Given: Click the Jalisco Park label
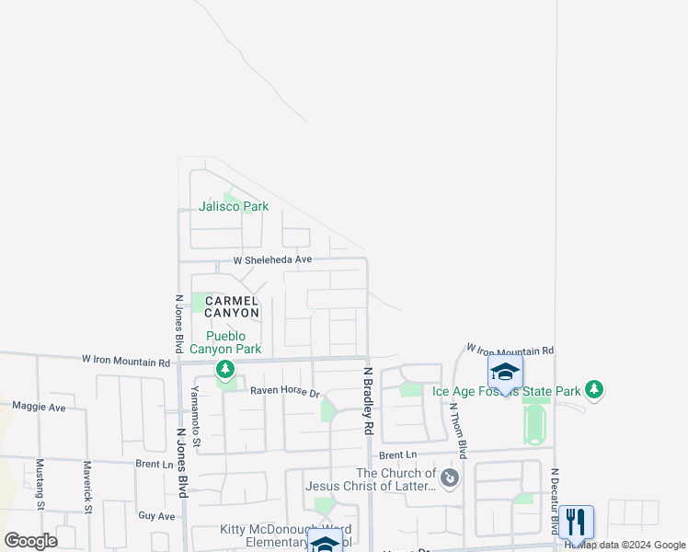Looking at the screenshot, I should coord(235,206).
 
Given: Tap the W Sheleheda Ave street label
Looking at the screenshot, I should coord(272,260).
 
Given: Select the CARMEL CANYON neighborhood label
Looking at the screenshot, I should coord(232,307).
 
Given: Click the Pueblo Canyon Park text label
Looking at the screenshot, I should coord(225,341).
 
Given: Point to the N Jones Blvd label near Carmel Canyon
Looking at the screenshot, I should coord(178,324).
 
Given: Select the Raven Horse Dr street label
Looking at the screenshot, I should coord(285,393).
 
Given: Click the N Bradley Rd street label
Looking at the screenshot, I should coord(367,401).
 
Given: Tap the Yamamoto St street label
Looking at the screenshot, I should coord(196,422).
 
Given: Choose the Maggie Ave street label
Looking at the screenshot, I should coord(39,407).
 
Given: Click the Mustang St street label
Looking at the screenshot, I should coord(40,484).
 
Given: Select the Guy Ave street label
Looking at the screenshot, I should coord(155,517).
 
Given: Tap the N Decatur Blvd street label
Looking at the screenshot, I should coord(555,501).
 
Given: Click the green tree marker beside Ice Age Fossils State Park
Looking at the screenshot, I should coord(595,390).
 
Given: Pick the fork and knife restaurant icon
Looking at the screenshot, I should coord(575,522).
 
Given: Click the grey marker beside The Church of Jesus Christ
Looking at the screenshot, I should coord(449,477).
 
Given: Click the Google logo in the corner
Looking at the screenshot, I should coord(30,541).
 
